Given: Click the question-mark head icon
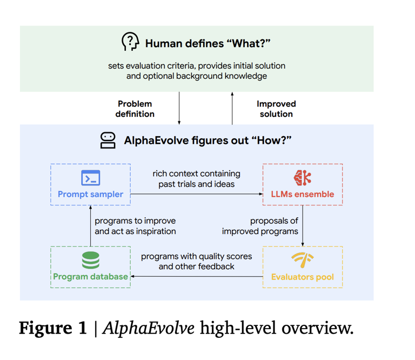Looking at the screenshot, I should pos(130,42).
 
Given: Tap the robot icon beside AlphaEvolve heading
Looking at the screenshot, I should pos(108,140).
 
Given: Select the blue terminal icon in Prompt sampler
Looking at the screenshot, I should pos(90,178).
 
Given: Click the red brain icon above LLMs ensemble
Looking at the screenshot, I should pos(303,177).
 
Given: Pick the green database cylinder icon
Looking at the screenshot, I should pos(90,260).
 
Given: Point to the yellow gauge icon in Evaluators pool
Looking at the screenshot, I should pos(302,260).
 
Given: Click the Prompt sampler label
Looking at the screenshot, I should pos(90,194).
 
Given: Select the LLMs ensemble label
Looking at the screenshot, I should pos(303,194).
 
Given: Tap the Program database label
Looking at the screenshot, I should pos(90,277).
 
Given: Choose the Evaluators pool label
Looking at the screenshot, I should pos(302,277).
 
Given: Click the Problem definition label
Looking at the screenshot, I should pos(135,109).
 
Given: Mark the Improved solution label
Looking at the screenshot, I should pos(276,109).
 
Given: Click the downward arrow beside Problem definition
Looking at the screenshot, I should pos(179,108).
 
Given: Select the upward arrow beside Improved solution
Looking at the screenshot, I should pos(232,108).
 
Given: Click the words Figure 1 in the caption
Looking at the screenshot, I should pos(53,328).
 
